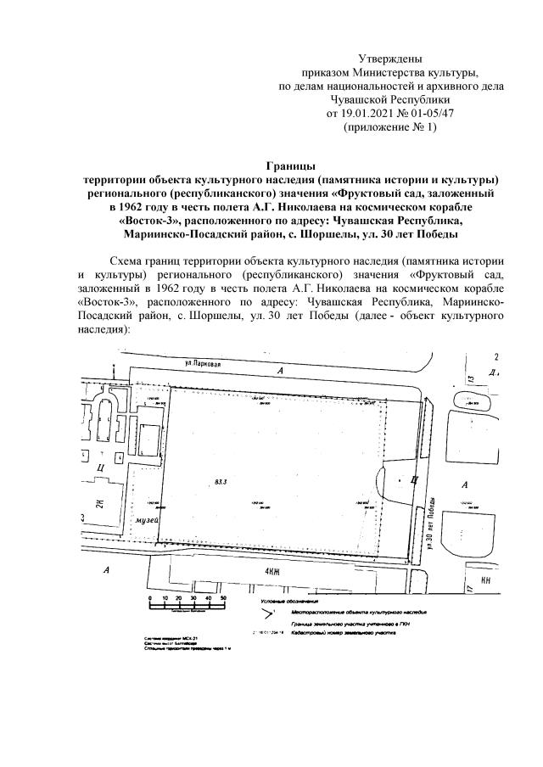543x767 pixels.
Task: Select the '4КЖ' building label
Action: coord(272,573)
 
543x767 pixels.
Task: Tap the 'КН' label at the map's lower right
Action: coord(486,581)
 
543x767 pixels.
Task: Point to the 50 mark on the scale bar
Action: coord(223,597)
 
